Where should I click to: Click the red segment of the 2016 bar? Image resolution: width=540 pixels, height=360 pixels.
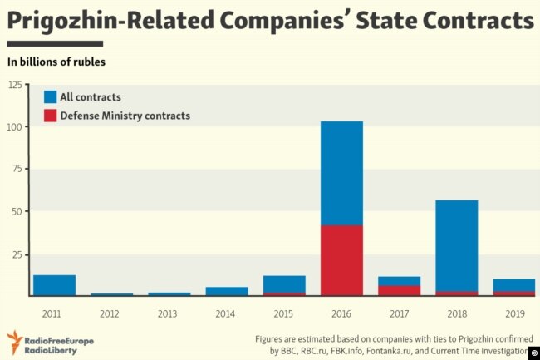pos(341,260)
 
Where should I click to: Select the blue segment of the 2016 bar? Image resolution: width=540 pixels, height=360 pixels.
pos(341,173)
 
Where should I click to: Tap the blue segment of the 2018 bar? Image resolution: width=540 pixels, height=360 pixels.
pos(456,245)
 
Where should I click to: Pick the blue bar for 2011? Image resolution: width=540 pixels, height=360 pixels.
pos(54,285)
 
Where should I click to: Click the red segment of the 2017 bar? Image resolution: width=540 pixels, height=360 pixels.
pos(399,290)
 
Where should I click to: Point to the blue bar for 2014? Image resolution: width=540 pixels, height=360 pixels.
pos(227,291)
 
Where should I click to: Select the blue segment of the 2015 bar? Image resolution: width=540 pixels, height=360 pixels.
pos(284,284)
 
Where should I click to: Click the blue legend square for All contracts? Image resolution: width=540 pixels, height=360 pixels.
pos(50,97)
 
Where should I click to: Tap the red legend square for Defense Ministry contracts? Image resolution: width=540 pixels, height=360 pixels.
pos(50,116)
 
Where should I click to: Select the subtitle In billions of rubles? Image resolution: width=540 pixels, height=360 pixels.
pos(56,62)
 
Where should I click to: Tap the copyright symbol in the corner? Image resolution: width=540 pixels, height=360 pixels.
pos(533,353)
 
